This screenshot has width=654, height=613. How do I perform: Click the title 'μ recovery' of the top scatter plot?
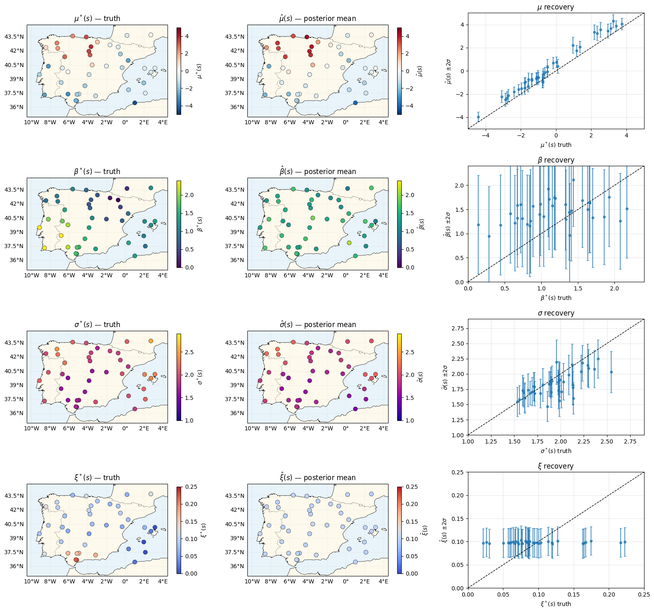[556, 7]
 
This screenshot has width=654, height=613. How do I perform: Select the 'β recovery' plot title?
[556, 160]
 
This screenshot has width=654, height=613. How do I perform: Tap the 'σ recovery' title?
[556, 313]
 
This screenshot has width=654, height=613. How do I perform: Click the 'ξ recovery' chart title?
[556, 466]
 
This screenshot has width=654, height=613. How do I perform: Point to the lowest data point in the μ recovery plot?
[478, 117]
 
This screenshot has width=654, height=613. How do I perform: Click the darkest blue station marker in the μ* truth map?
[135, 103]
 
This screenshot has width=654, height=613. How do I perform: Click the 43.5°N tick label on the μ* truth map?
[14, 37]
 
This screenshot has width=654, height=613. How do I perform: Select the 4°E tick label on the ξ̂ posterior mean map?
[383, 581]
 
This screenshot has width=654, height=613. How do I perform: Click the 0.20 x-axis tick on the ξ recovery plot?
[609, 594]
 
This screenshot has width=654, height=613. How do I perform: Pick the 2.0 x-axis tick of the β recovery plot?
[614, 288]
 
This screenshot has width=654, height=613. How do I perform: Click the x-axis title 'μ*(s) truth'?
[556, 145]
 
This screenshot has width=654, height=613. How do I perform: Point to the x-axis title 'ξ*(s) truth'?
[556, 604]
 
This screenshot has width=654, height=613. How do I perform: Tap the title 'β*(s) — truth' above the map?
[97, 172]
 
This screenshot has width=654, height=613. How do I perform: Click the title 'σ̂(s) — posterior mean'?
[318, 325]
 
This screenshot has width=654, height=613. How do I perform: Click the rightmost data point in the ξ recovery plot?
[625, 542]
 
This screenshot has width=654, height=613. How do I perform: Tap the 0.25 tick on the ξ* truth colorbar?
[191, 487]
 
